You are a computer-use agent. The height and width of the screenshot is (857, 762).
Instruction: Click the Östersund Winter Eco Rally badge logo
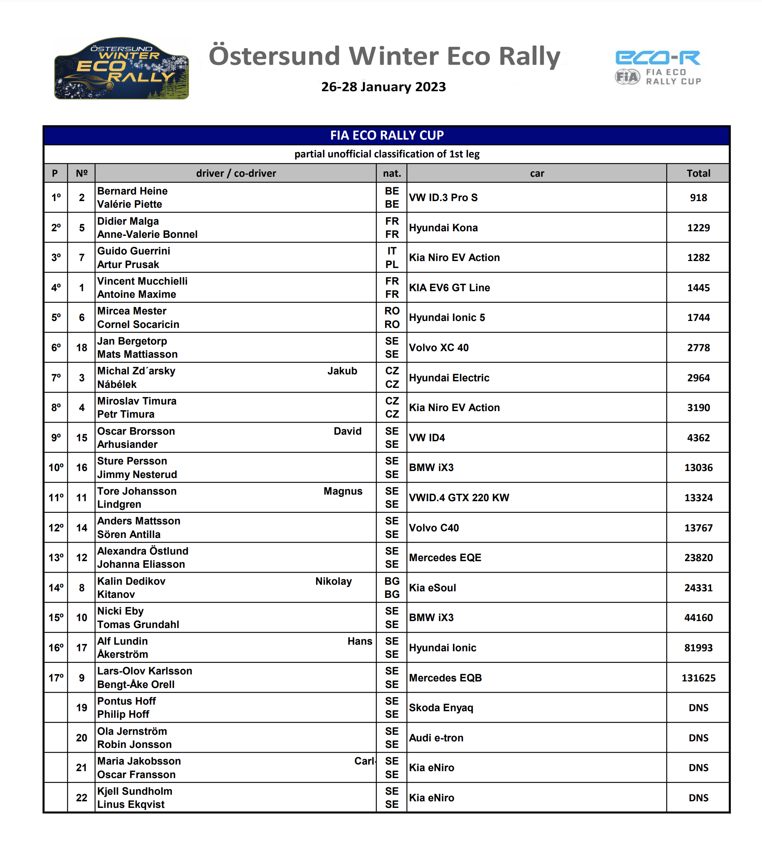click(121, 68)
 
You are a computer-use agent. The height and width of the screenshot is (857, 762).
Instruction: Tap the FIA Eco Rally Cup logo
click(658, 68)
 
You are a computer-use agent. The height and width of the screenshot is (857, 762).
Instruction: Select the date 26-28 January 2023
click(383, 87)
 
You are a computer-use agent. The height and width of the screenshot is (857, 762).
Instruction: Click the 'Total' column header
click(698, 173)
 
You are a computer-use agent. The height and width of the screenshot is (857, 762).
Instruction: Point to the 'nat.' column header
click(392, 173)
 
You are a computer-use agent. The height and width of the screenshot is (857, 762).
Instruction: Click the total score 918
click(698, 198)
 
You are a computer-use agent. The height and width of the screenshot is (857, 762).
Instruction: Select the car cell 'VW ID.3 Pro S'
click(443, 198)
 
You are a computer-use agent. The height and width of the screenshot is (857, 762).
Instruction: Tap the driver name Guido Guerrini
click(134, 251)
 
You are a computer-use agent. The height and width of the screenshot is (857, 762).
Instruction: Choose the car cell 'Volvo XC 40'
click(439, 348)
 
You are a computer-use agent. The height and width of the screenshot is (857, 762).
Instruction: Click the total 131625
click(698, 678)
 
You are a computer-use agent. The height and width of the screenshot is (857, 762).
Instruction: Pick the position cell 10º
click(56, 468)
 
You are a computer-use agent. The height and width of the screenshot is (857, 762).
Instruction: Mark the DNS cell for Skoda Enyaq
click(698, 708)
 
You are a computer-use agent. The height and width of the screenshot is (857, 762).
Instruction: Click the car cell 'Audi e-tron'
click(436, 737)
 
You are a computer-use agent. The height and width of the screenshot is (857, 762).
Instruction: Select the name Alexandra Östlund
click(143, 551)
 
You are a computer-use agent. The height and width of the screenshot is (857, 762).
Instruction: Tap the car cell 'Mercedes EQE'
click(445, 558)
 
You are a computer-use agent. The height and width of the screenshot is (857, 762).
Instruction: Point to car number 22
click(82, 797)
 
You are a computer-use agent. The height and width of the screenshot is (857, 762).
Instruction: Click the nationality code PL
click(392, 265)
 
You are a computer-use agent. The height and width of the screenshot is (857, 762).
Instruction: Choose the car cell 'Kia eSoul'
click(432, 588)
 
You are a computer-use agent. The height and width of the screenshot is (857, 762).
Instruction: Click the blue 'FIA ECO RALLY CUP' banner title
click(387, 135)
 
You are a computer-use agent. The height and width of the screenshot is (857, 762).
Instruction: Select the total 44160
click(698, 618)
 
